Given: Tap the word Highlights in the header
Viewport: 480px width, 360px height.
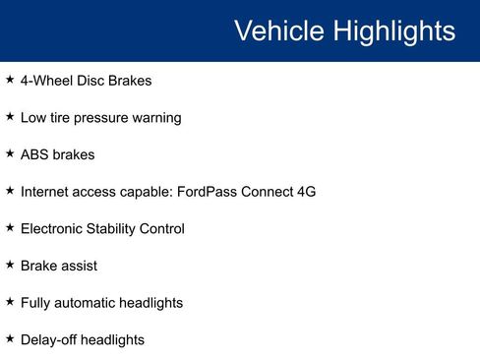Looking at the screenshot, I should [x=394, y=31].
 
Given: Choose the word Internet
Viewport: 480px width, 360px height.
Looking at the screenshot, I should [x=47, y=192].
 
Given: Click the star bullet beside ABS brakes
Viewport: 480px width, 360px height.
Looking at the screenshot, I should [x=10, y=154].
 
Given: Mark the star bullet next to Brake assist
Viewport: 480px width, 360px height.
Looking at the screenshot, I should [x=10, y=265].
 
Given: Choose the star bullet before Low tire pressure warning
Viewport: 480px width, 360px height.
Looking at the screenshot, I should [x=10, y=117].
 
